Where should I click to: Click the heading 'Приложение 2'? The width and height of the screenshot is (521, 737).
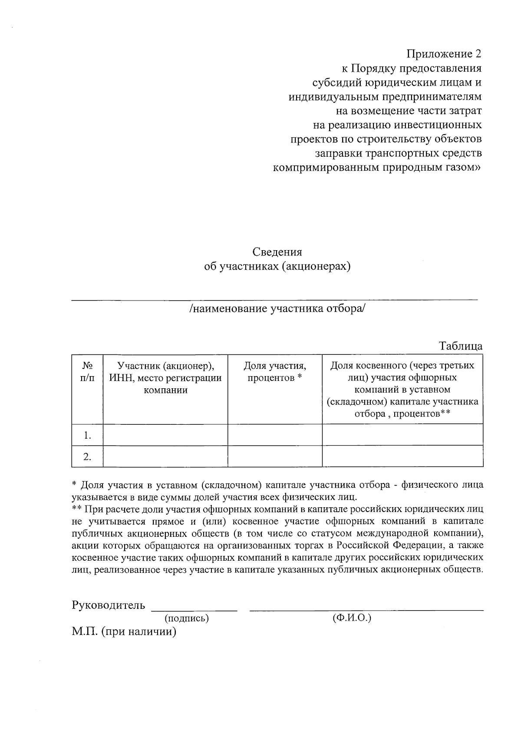(x=444, y=54)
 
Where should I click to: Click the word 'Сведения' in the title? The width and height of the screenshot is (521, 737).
(x=277, y=252)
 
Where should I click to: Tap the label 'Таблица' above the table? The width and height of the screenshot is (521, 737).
(x=461, y=346)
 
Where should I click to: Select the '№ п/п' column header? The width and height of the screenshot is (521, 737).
(x=87, y=372)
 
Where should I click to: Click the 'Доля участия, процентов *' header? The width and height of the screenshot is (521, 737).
(x=274, y=372)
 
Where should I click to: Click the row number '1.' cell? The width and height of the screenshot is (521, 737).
(x=87, y=435)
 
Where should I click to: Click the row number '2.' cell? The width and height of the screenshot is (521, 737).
(x=87, y=456)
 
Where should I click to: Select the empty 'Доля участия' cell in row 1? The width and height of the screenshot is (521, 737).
(x=274, y=435)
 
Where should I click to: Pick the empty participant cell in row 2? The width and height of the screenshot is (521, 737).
(x=165, y=456)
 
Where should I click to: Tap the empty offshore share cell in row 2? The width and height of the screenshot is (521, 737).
(x=402, y=456)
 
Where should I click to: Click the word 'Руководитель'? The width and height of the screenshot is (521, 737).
(x=108, y=605)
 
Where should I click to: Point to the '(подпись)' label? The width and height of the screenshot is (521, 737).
(x=187, y=618)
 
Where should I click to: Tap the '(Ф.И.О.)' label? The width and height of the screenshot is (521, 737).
(x=352, y=618)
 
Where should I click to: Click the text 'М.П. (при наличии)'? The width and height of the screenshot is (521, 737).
(x=124, y=631)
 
